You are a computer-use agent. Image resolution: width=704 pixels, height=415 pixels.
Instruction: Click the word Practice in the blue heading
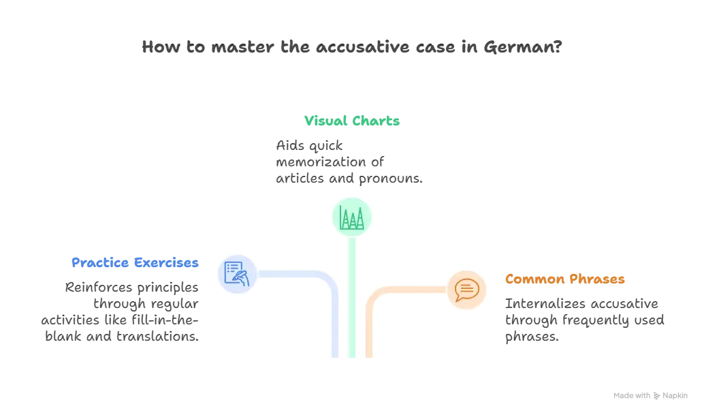point(93,262)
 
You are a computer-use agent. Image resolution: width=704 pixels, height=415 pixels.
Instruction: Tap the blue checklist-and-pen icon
point(236,273)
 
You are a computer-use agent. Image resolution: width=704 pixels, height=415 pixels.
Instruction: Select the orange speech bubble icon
point(467,290)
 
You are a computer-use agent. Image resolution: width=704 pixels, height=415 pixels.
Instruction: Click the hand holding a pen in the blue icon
point(241,276)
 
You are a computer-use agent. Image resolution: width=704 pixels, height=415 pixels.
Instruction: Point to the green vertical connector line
point(352,300)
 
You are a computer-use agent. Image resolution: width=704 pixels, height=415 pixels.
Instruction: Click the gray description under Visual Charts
point(347,163)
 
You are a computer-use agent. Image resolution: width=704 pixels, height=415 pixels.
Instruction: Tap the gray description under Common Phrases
point(583,319)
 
